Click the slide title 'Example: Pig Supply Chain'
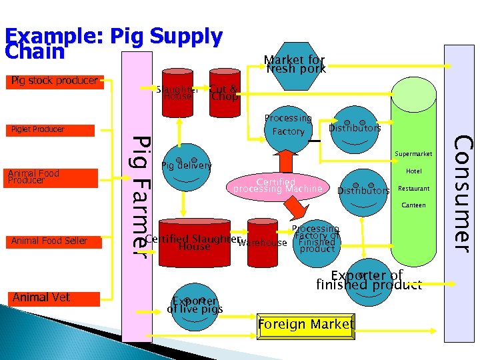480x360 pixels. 113,43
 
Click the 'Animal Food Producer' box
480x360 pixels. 52,177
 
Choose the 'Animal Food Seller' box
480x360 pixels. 53,241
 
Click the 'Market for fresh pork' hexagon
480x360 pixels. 295,65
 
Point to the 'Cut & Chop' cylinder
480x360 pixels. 223,89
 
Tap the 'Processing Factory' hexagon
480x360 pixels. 288,125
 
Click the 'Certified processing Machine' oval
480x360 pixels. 277,185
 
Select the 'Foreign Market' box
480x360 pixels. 306,325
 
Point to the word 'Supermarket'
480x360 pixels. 413,154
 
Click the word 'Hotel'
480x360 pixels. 413,171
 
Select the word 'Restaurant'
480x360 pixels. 413,189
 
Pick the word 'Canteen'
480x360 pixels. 413,205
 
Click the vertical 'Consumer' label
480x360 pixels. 460,193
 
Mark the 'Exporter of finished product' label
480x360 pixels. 369,280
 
